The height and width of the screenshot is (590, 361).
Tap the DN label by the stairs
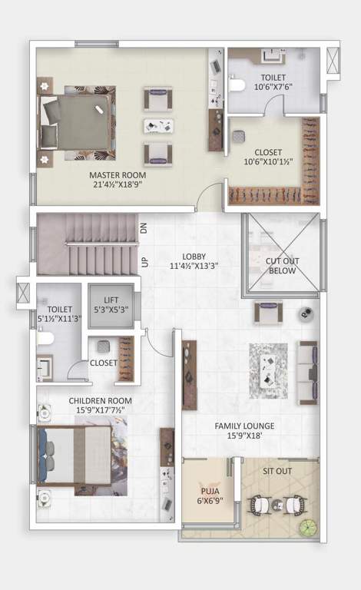pyautogui.click(x=144, y=227)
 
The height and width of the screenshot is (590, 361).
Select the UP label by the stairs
pyautogui.click(x=144, y=262)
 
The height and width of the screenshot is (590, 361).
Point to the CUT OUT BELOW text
pyautogui.click(x=282, y=266)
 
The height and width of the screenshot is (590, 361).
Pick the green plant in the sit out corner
pyautogui.click(x=308, y=528)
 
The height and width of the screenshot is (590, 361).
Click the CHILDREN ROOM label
pyautogui.click(x=100, y=401)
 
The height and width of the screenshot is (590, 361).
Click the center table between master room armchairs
pyautogui.click(x=157, y=125)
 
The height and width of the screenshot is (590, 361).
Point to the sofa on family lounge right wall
pyautogui.click(x=308, y=373)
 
